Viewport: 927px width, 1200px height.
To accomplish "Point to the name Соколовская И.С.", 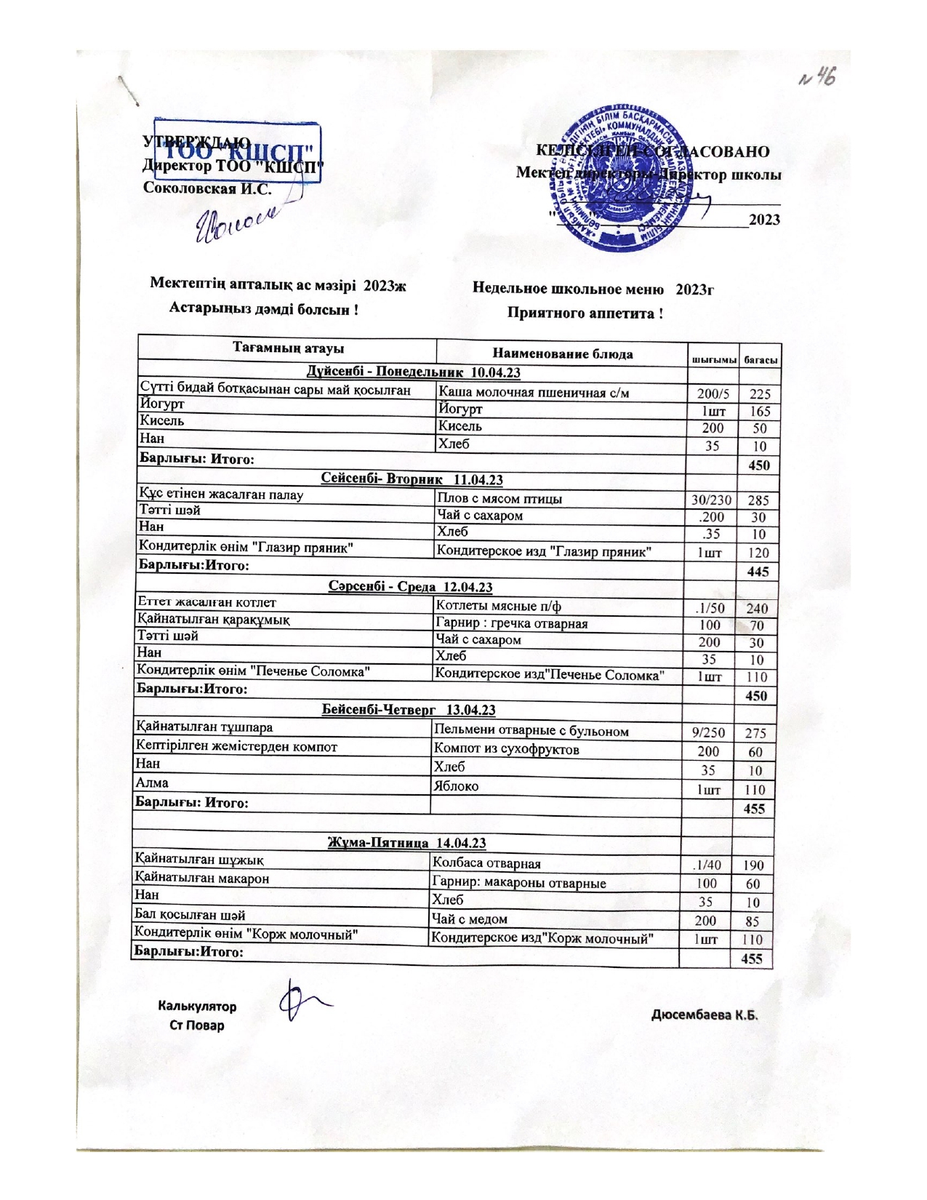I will pyautogui.click(x=207, y=188).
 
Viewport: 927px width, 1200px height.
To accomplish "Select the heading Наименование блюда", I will pyautogui.click(x=562, y=354).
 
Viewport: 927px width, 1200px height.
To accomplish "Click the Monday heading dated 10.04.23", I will pyautogui.click(x=413, y=372).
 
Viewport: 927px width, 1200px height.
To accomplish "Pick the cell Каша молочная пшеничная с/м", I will pyautogui.click(x=534, y=393).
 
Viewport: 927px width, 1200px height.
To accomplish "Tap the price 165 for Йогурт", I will pyautogui.click(x=760, y=412).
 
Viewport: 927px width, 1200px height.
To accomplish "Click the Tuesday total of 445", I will pyautogui.click(x=758, y=572).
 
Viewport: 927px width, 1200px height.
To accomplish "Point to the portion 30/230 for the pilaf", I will pyautogui.click(x=712, y=500).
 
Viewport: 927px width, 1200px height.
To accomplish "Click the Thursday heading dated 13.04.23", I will pyautogui.click(x=409, y=710).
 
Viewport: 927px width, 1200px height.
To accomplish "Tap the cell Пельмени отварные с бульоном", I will pyautogui.click(x=531, y=731).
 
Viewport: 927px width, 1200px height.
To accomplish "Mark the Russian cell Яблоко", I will pyautogui.click(x=456, y=786).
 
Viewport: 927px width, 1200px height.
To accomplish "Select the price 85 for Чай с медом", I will pyautogui.click(x=753, y=921).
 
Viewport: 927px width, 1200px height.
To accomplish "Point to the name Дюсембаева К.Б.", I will pyautogui.click(x=704, y=1015).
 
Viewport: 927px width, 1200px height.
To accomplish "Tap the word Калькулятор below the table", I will pyautogui.click(x=197, y=1007).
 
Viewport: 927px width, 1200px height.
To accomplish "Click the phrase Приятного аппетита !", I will pyautogui.click(x=585, y=313).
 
